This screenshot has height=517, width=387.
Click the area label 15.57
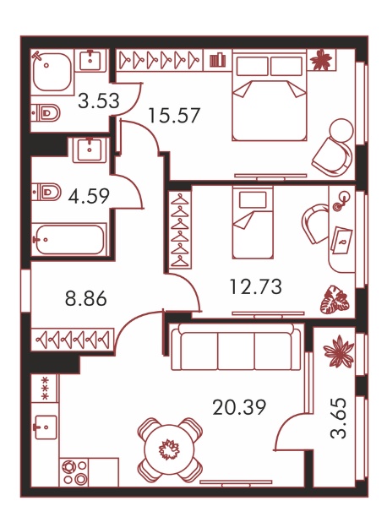pos(175,116)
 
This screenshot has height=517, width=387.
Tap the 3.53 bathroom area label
pos(99,101)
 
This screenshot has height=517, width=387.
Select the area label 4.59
pos(89,196)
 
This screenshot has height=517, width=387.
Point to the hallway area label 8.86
pos(86,299)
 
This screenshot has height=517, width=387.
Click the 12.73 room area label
pos(256,286)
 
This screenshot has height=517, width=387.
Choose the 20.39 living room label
pos(239,407)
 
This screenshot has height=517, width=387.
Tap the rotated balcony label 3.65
pos(339,418)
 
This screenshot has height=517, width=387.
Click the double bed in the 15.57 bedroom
pos(270,95)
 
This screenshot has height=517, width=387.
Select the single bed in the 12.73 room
pos(253,222)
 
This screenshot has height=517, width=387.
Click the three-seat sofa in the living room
pos(236,347)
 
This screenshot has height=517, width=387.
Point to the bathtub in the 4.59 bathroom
pos(69,239)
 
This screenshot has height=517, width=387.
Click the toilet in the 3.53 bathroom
pos(46,113)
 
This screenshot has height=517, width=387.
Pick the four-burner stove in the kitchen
pos(74,472)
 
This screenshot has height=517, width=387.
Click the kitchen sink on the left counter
pos(45,427)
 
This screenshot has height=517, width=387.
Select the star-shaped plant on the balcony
pos(339,351)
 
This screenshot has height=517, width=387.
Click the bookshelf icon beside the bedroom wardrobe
pos(218,60)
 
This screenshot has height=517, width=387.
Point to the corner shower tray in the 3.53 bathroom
pos(52,72)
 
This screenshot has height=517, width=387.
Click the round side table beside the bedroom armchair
pos(342,130)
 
